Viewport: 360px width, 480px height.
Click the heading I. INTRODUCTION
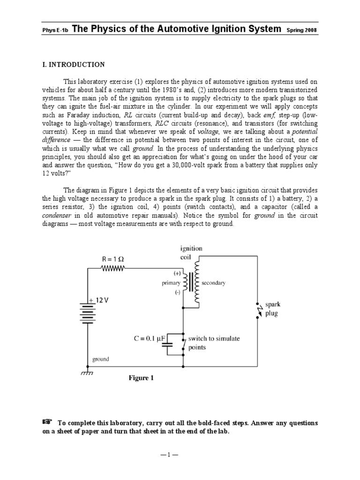tap(73, 65)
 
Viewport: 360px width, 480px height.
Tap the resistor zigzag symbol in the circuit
tap(112, 269)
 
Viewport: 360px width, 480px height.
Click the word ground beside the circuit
tap(100, 360)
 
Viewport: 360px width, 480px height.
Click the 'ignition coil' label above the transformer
tap(191, 253)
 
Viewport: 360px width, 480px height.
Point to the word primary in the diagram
tap(171, 283)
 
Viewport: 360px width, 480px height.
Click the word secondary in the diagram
tap(213, 283)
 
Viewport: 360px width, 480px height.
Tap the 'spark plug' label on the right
tap(272, 309)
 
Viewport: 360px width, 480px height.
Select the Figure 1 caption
tap(141, 378)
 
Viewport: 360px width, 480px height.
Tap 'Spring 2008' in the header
tap(302, 30)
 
